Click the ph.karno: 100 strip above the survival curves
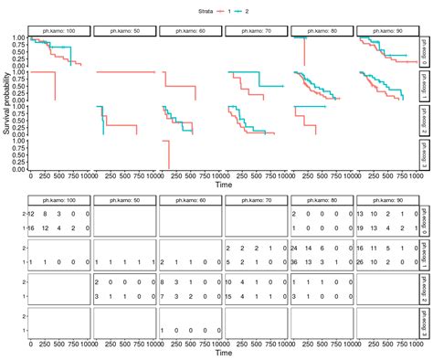59,30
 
